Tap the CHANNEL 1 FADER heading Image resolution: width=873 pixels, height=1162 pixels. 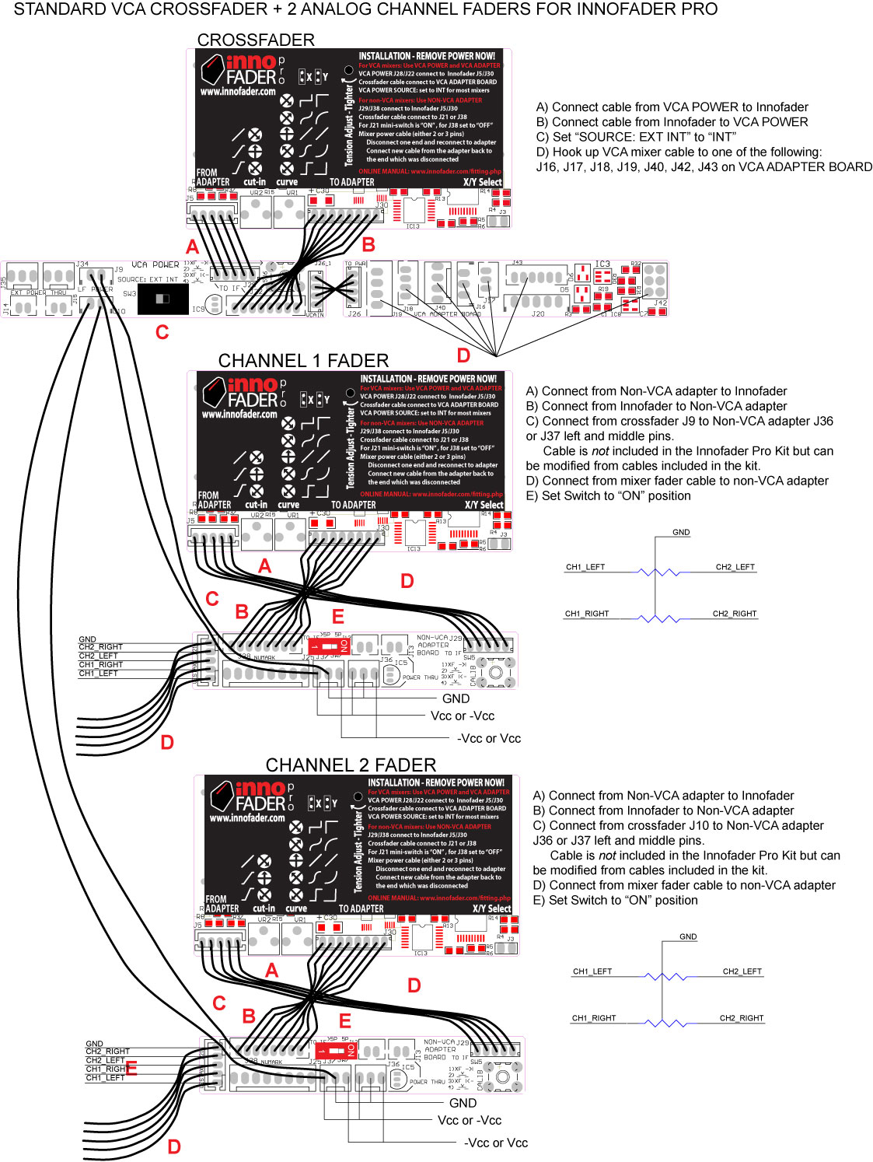pos(303,361)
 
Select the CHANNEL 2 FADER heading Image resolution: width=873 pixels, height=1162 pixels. pos(351,765)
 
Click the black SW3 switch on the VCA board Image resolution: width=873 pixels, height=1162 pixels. pos(162,299)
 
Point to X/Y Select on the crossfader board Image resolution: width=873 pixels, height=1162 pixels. pos(482,182)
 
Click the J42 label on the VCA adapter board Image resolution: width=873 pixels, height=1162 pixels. pos(660,303)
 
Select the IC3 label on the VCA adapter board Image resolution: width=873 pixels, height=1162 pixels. pos(602,264)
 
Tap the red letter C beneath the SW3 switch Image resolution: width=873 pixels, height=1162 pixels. pos(162,332)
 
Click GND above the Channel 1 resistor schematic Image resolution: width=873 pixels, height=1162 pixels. pos(681,533)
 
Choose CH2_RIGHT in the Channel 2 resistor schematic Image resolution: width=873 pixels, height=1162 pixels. pos(741,1018)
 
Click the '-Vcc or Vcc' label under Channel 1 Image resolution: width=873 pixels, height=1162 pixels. pos(489,738)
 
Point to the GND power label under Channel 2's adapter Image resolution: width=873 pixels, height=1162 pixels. pos(463,1103)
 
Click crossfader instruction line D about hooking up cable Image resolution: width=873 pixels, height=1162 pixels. pos(679,152)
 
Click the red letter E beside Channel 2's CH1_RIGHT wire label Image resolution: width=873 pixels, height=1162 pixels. pos(131,1069)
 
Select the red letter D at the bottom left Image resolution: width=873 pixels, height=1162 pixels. pos(174,1146)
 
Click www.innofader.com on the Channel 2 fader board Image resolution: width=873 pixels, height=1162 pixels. pos(247,817)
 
